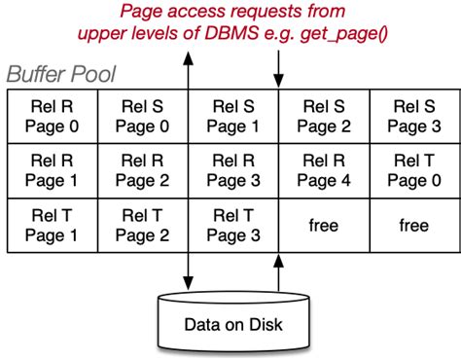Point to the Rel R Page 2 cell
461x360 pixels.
140,170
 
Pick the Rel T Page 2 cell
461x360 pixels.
140,225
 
